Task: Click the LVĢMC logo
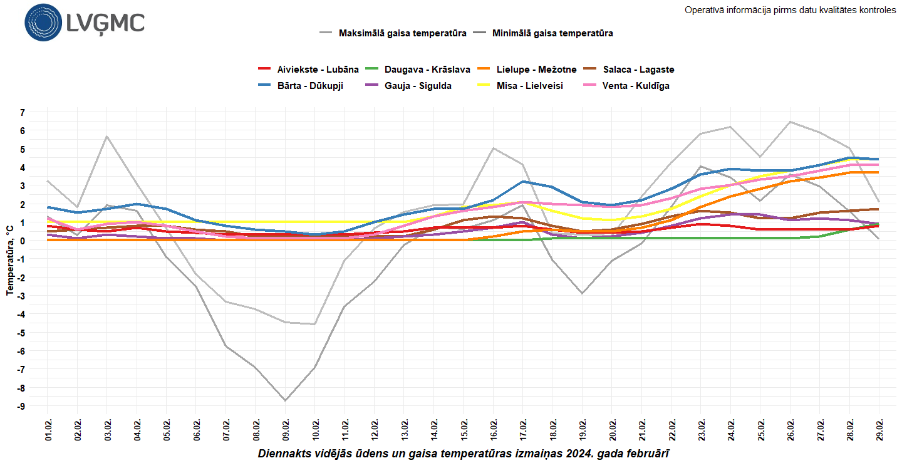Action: coord(85,23)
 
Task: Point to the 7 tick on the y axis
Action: coord(22,113)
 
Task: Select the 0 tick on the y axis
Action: coord(22,241)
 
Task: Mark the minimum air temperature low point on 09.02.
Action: coord(286,400)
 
